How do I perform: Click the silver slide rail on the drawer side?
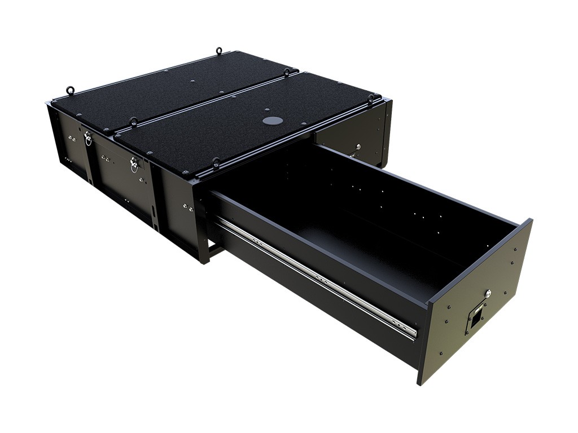pyautogui.click(x=316, y=276)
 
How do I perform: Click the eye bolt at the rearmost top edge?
pyautogui.click(x=218, y=52)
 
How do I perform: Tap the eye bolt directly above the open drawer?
pyautogui.click(x=216, y=164)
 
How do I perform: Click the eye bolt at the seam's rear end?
pyautogui.click(x=287, y=72)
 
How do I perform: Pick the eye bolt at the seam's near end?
pyautogui.click(x=133, y=121)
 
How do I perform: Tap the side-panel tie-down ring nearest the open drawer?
pyautogui.click(x=134, y=165)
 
